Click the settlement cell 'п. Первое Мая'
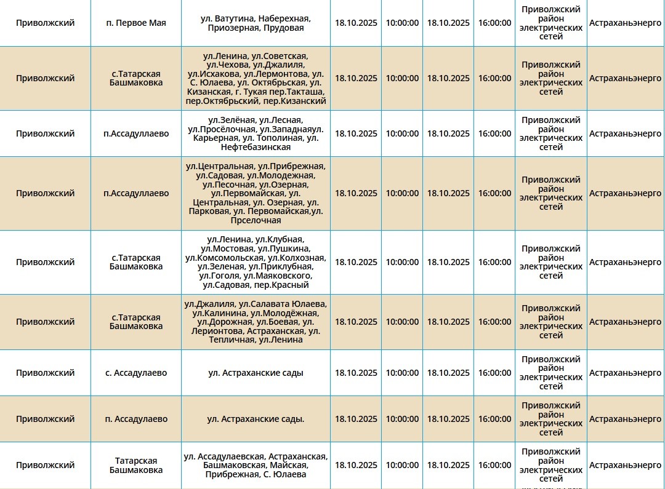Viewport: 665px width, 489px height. (x=136, y=23)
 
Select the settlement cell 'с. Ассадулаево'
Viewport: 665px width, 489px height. (x=136, y=373)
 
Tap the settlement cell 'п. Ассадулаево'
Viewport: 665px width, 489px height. (x=136, y=419)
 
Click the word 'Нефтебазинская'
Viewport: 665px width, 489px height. (x=256, y=147)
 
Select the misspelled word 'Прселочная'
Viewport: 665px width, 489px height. (x=256, y=220)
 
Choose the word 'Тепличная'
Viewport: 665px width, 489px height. (x=232, y=340)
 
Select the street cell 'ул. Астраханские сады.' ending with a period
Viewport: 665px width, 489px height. (x=256, y=419)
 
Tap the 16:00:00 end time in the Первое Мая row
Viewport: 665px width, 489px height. (x=494, y=23)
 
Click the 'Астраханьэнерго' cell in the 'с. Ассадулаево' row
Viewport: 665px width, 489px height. (x=625, y=373)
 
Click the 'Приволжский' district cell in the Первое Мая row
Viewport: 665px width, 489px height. (x=45, y=23)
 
